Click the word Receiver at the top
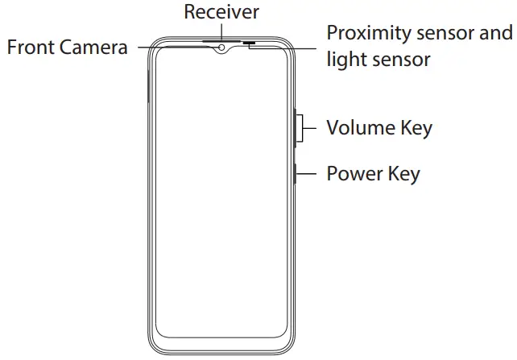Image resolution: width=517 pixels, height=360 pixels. point(221,12)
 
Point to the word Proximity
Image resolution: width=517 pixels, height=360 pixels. point(369,34)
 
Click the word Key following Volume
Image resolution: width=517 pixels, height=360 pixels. point(416,127)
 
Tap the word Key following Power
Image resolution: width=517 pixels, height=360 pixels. point(403,173)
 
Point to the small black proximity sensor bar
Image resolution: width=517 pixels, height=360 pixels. point(248,41)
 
